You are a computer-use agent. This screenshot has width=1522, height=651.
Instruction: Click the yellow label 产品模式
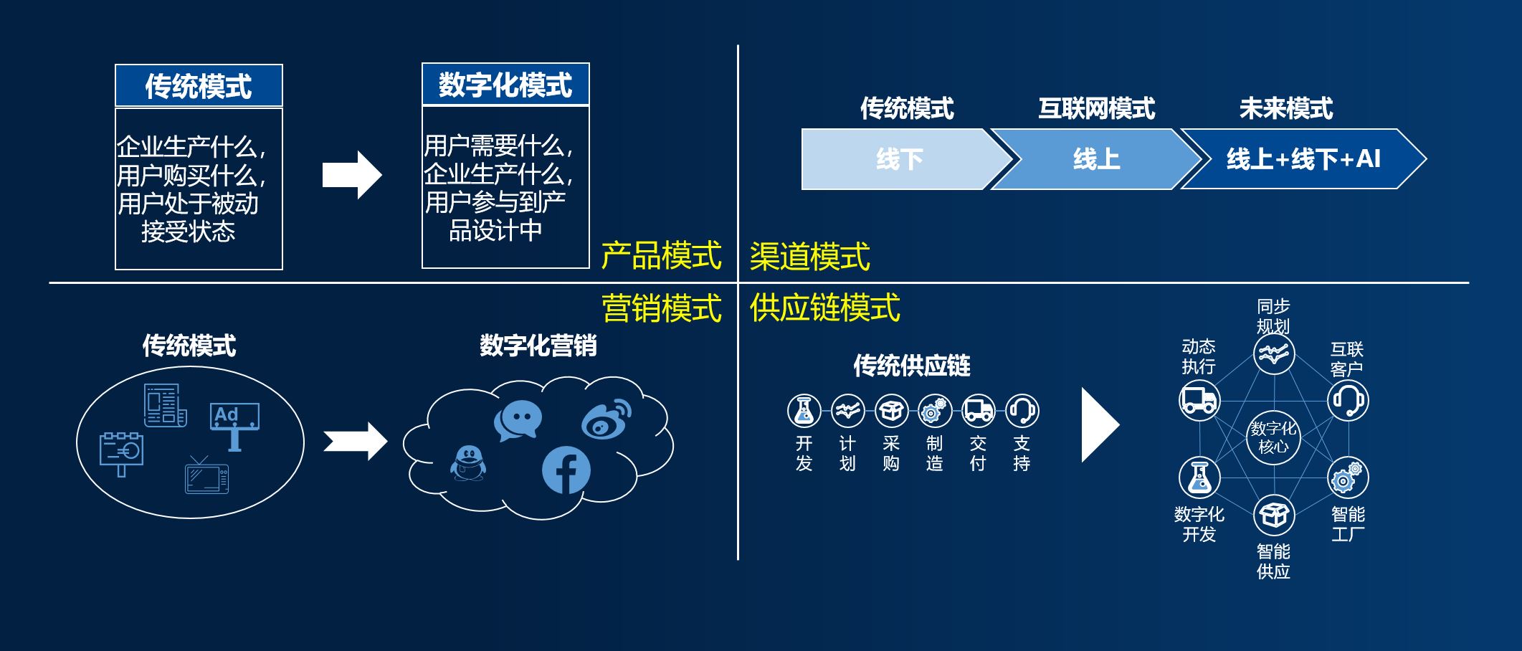[x=660, y=256]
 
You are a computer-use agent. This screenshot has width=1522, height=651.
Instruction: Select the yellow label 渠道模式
[x=809, y=257]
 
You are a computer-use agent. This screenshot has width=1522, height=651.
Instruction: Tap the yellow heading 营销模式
[x=661, y=308]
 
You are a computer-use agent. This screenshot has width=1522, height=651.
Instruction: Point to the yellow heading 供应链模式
[x=824, y=308]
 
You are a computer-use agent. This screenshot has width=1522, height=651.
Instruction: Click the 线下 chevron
[x=900, y=159]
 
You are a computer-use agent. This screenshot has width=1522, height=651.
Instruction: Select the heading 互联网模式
[x=1096, y=109]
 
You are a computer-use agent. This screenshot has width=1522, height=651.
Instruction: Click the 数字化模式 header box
[x=505, y=85]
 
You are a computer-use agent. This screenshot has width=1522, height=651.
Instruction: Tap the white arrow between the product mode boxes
[x=351, y=175]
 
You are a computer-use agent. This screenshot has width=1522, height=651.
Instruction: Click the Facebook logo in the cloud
[x=566, y=470]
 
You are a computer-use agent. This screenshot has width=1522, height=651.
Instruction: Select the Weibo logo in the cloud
[x=607, y=419]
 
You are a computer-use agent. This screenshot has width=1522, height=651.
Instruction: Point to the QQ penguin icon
[x=468, y=463]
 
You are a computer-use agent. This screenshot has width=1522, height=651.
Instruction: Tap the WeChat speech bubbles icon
[x=518, y=421]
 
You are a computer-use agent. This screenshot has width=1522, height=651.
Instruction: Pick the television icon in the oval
[x=206, y=476]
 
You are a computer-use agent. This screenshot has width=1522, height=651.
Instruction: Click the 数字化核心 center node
[x=1273, y=437]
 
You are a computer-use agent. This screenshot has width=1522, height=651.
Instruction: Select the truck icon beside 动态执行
[x=1199, y=399]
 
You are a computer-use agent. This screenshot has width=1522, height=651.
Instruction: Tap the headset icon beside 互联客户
[x=1348, y=399]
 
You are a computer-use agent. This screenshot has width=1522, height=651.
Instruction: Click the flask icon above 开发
[x=804, y=411]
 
